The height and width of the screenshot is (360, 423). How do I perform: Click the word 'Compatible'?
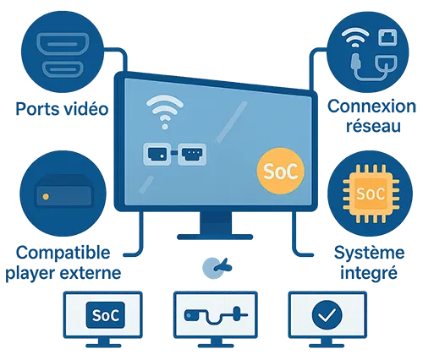(x=60, y=252)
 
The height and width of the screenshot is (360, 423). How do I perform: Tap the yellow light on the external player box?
(x=45, y=196)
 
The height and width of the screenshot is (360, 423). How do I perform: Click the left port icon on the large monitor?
(x=157, y=154)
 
